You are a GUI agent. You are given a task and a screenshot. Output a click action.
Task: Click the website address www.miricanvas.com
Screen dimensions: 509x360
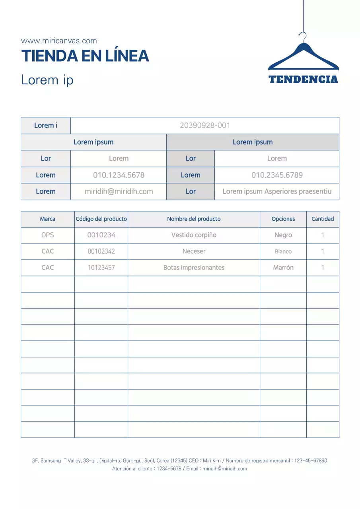pos(59,41)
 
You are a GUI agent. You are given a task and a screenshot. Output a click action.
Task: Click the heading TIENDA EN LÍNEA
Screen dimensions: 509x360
pos(85,56)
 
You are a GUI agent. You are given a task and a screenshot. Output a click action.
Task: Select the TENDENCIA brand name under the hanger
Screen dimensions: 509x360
pos(304,79)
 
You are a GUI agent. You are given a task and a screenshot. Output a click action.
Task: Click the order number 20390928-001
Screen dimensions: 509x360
pos(205,126)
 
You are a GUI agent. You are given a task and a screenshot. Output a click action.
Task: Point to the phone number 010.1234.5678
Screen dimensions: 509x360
pos(119,175)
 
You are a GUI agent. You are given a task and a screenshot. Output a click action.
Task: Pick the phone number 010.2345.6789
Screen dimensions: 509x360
pos(277,175)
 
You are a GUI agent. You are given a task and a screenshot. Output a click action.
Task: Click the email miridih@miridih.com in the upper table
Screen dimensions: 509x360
pos(119,191)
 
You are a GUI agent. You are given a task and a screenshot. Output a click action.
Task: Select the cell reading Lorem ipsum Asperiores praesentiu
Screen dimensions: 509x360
pos(277,191)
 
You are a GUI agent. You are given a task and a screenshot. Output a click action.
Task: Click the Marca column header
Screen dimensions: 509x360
pos(48,219)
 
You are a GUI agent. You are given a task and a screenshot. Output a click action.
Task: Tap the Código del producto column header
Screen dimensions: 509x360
pos(101,219)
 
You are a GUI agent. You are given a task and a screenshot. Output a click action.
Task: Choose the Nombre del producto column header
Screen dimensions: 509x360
pos(194,219)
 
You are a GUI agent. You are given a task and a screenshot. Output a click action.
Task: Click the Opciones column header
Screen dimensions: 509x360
pos(283,219)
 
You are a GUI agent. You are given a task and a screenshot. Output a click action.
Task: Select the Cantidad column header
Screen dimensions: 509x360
pos(323,219)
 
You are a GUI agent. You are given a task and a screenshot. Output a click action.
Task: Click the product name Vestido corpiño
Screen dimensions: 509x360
pos(194,235)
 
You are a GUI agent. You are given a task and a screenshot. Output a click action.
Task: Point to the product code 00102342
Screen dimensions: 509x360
pos(101,251)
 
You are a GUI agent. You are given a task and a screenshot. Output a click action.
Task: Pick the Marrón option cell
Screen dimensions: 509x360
pos(283,268)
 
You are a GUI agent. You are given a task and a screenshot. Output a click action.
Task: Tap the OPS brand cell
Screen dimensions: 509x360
pos(48,235)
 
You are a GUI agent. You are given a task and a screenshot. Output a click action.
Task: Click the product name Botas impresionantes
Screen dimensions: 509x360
pos(194,268)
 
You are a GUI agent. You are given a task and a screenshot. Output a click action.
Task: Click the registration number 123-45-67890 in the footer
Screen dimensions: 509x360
pos(311,460)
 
